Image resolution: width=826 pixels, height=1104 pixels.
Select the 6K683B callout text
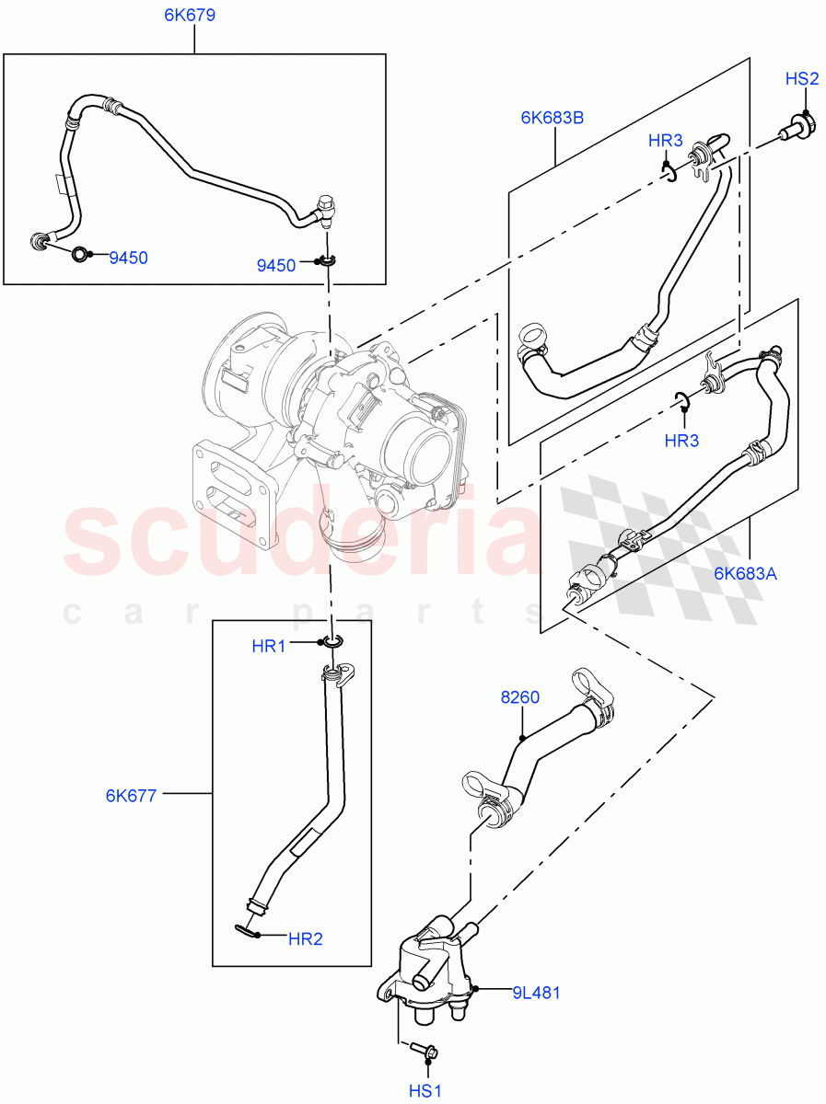tap(553, 117)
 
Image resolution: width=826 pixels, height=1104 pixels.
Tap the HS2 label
tap(801, 79)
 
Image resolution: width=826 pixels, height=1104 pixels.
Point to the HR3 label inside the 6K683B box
tap(665, 141)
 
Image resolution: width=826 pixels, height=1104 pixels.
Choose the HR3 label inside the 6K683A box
tap(681, 441)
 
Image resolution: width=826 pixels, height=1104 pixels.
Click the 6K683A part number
tap(745, 574)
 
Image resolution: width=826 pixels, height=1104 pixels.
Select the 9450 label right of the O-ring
tap(128, 259)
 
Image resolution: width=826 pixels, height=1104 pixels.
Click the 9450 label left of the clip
tap(276, 266)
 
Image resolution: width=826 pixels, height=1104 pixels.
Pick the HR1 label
tap(269, 647)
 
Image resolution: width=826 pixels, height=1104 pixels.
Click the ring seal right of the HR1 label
tap(331, 643)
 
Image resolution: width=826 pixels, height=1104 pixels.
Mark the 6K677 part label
tap(131, 795)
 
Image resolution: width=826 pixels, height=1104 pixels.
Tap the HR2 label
tap(305, 939)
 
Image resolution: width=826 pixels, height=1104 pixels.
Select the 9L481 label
tap(537, 993)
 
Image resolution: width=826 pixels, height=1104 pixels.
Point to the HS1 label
tap(426, 1089)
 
